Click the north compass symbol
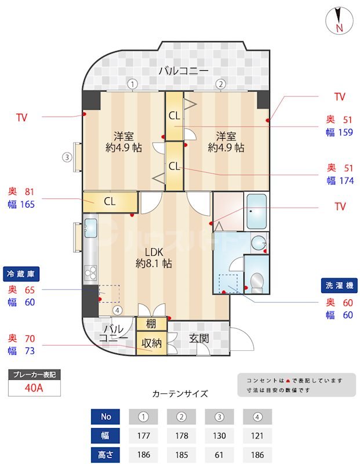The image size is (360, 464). coord(339,20)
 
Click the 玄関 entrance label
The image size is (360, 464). coord(199,338)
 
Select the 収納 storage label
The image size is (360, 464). coord(152,342)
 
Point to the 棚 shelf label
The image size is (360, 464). coord(151,324)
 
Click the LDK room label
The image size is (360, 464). coord(154,252)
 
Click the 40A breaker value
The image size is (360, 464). coord(34,388)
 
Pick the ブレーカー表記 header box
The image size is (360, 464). coord(34,375)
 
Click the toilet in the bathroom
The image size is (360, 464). coord(257,282)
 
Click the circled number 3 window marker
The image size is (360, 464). coord(67,157)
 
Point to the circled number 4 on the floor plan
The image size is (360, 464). coord(118,310)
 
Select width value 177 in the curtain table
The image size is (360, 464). coord(142,435)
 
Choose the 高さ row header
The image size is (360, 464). coord(106,454)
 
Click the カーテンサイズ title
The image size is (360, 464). coord(180,394)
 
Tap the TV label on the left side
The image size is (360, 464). coord(22,118)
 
